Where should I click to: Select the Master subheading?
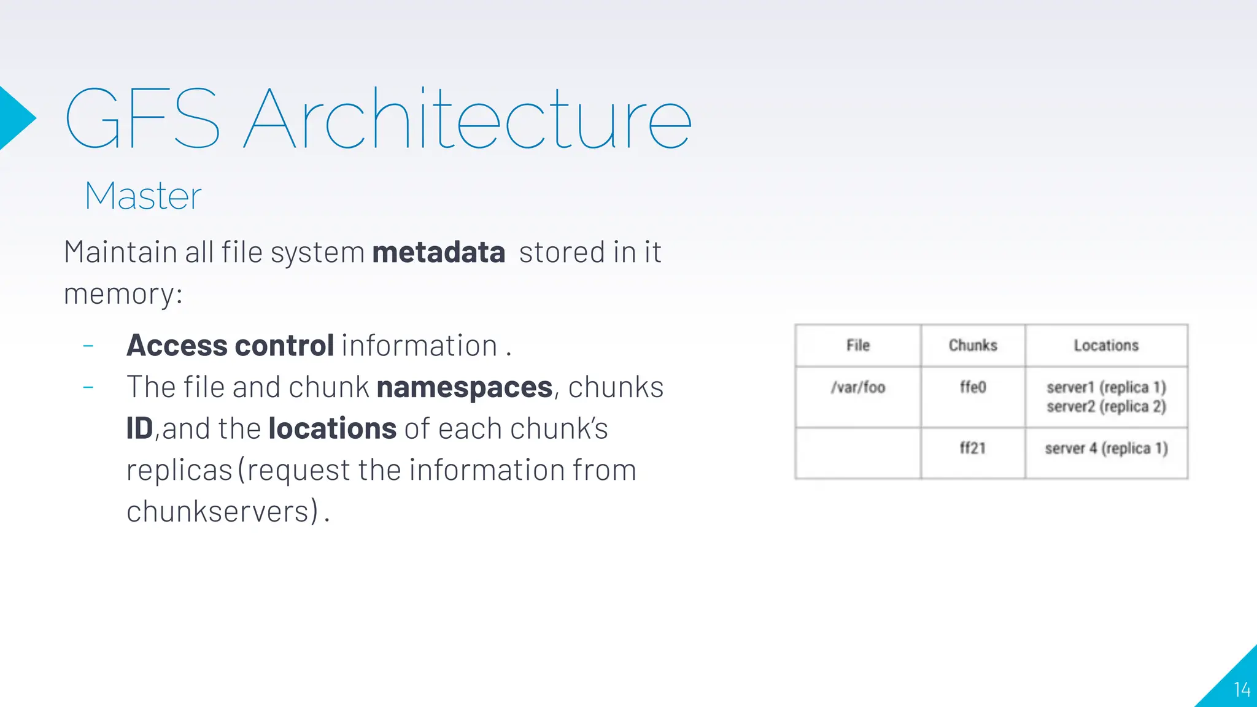click(x=143, y=196)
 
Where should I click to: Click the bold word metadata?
click(x=438, y=252)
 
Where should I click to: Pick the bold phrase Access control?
click(x=230, y=346)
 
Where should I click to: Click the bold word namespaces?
click(x=465, y=387)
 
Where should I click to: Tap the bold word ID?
click(x=139, y=428)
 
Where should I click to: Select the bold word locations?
click(x=333, y=428)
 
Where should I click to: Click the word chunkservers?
click(x=222, y=511)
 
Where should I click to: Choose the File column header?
click(x=858, y=346)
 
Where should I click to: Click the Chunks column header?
click(x=973, y=346)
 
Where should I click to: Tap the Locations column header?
click(x=1106, y=346)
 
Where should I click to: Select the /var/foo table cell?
click(x=858, y=387)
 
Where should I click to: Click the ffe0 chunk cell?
click(x=973, y=387)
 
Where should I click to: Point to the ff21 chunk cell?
click(x=973, y=448)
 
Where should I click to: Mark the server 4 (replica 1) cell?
click(x=1106, y=449)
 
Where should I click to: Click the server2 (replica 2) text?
click(x=1106, y=406)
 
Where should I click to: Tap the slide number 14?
click(x=1242, y=690)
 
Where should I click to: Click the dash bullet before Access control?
click(x=88, y=346)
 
